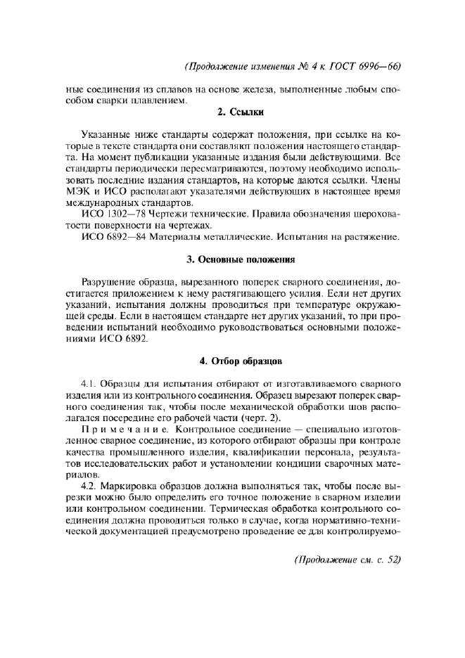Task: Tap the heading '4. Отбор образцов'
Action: click(240, 361)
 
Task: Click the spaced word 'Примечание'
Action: click(125, 428)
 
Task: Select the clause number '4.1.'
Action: click(89, 383)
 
